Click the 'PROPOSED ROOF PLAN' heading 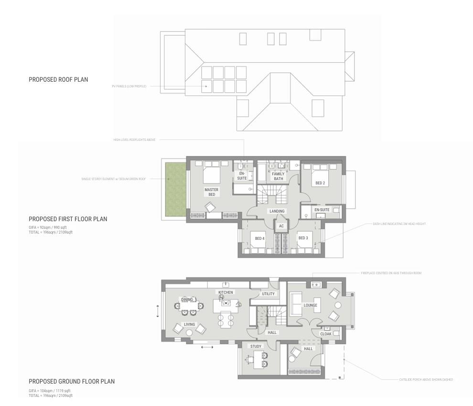click(58, 79)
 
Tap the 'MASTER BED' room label click(212, 192)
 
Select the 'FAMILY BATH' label click(278, 176)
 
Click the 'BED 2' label click(320, 183)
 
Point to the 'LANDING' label click(277, 211)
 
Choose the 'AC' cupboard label click(281, 226)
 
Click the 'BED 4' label click(259, 238)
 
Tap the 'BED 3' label click(303, 238)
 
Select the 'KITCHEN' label click(226, 292)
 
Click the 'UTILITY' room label click(269, 294)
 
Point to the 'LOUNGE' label click(311, 305)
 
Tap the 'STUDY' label click(256, 346)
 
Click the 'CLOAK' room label click(326, 334)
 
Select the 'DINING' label click(187, 299)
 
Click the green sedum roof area click(175, 188)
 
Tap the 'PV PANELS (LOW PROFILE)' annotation click(129, 86)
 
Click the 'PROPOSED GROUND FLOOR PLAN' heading click(72, 381)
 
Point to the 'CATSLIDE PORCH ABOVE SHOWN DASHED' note click(426, 380)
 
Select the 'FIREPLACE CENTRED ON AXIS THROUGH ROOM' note click(391, 273)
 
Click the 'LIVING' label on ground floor click(189, 324)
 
